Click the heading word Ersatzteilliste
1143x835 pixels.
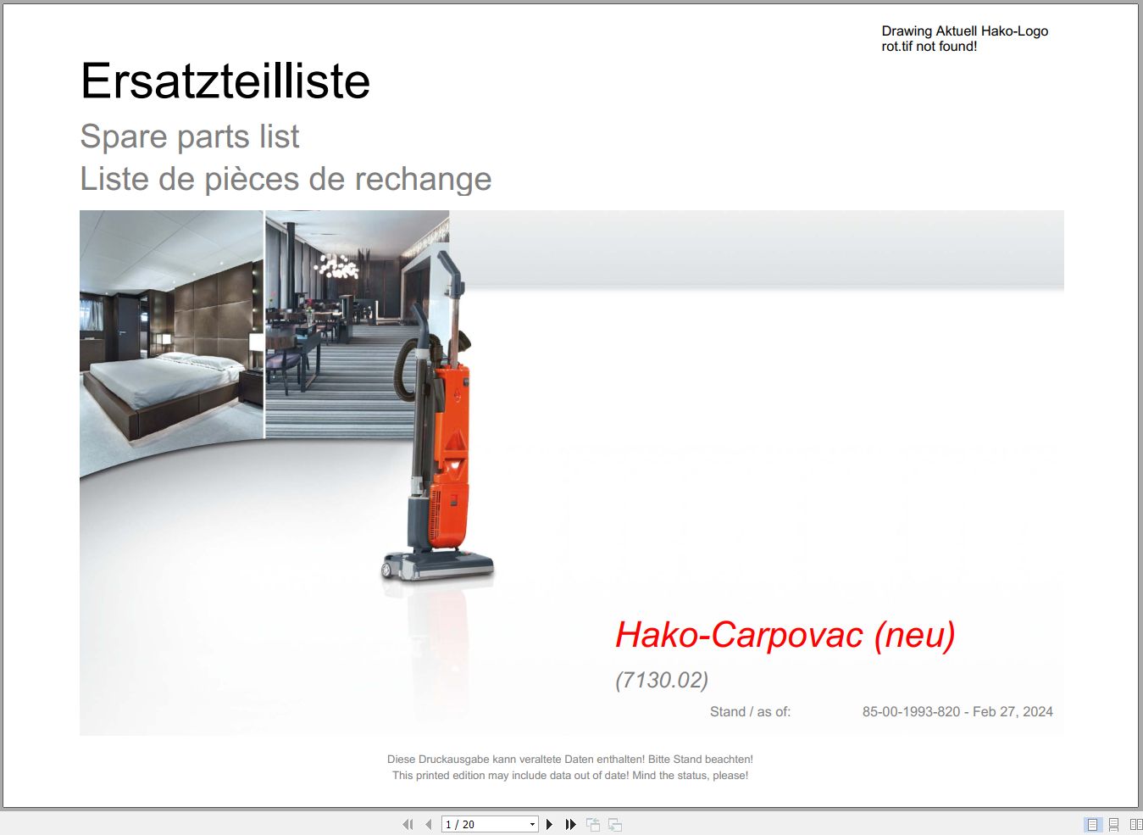coord(225,81)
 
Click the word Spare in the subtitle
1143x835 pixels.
coord(124,136)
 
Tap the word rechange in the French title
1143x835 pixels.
coord(423,180)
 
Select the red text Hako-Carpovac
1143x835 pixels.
coord(739,636)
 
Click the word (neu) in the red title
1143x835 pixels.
coord(914,636)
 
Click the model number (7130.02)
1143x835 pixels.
coord(662,680)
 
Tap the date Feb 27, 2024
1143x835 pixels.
coord(1013,711)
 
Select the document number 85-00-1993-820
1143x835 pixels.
coord(912,711)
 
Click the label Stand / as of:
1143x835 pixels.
coord(750,711)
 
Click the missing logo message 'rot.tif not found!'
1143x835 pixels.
coord(929,47)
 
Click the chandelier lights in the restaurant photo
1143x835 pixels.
coord(336,266)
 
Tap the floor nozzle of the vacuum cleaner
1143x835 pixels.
coord(438,566)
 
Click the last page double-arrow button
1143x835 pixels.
coord(570,824)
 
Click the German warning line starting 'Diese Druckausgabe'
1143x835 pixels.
coord(570,759)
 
